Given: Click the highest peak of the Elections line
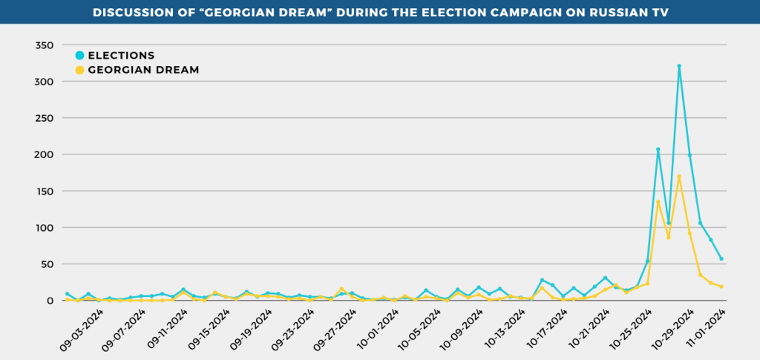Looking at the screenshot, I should click(679, 66).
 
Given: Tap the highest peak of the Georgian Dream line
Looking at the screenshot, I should click(679, 177).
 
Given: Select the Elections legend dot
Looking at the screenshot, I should click(79, 56).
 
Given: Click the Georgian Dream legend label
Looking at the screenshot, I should click(143, 70).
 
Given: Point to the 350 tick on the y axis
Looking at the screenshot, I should click(45, 45).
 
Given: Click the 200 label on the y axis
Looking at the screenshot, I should click(45, 154).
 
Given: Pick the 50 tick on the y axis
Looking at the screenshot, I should click(47, 264).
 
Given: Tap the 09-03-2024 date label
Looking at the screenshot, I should click(83, 330).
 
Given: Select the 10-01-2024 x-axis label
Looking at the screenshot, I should click(377, 330).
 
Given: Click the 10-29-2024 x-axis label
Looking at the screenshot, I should click(671, 330).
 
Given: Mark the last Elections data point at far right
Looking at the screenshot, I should click(721, 259).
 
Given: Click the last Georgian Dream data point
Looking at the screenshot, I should click(721, 287).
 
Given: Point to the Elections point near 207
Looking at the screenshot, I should click(658, 149).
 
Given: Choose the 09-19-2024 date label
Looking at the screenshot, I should click(251, 330).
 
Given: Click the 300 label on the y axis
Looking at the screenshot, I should click(45, 82).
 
